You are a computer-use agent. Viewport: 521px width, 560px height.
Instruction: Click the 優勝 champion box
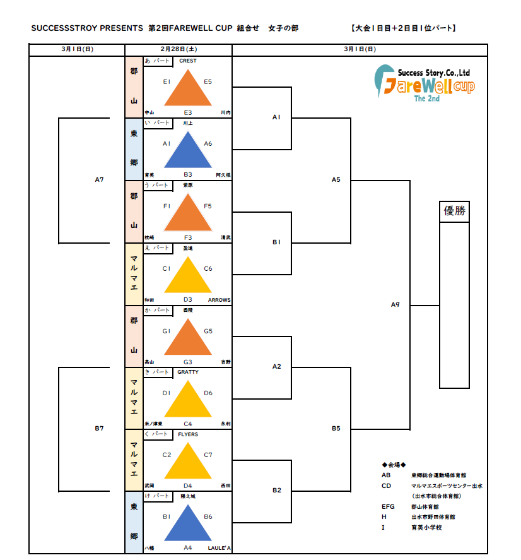[x=454, y=211]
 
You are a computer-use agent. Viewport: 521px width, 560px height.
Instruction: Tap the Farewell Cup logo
[x=424, y=82]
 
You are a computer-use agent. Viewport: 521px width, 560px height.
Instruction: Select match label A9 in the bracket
[x=395, y=305]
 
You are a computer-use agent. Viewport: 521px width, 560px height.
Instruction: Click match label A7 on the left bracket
[x=99, y=180]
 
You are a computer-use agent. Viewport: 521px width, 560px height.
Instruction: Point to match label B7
[x=99, y=429]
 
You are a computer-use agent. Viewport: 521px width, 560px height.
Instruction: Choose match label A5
[x=336, y=180]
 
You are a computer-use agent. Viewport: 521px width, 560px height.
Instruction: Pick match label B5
[x=336, y=429]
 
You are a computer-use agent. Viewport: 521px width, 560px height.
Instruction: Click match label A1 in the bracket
[x=276, y=117]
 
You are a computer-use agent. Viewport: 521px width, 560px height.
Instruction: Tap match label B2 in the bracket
[x=276, y=491]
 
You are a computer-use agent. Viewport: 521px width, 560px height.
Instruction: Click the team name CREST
[x=188, y=61]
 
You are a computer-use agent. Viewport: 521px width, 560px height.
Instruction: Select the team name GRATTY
[x=188, y=372]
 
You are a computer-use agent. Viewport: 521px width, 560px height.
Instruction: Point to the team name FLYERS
[x=188, y=435]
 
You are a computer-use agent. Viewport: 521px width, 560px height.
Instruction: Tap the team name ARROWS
[x=219, y=300]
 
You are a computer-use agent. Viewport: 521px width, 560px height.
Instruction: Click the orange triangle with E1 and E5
[x=188, y=88]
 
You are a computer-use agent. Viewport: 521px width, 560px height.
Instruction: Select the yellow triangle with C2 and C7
[x=188, y=462]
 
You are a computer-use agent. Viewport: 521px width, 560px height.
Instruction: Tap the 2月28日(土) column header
[x=179, y=49]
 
